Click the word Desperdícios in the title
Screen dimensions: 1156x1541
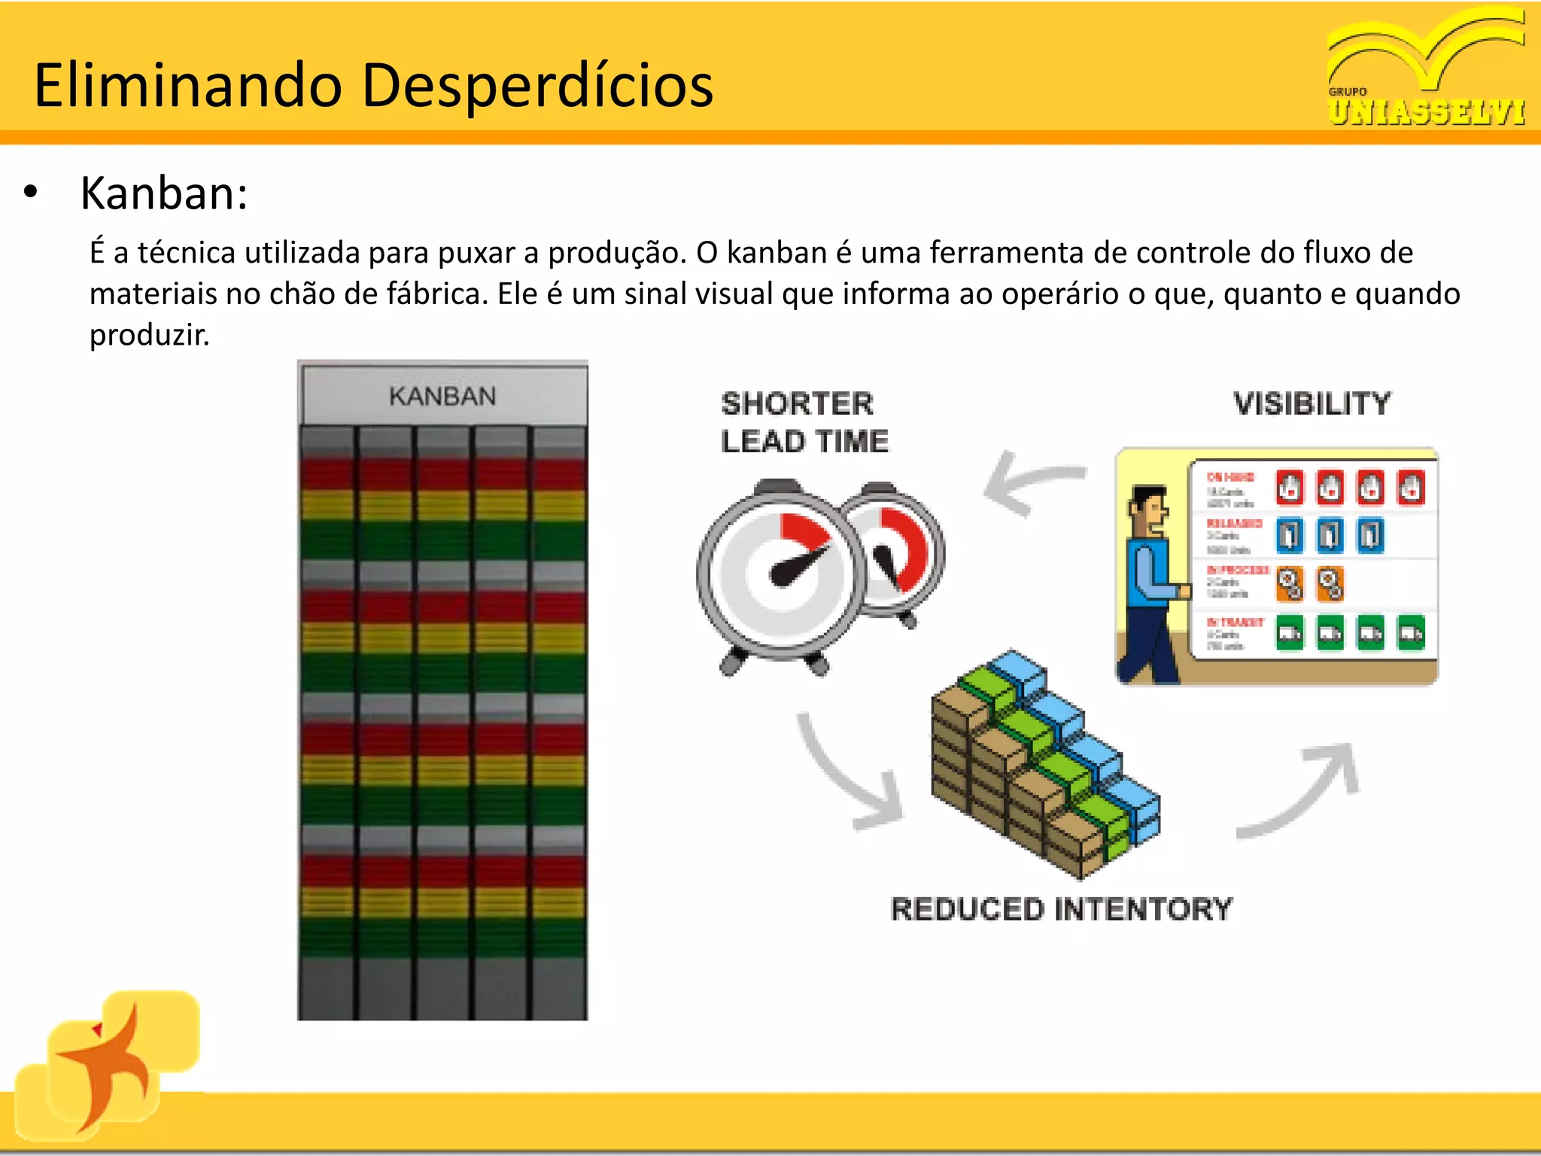coord(537,85)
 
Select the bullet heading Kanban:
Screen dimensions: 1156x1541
coord(164,193)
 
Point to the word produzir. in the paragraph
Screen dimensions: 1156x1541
coord(149,335)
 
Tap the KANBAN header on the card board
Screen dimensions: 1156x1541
coord(442,396)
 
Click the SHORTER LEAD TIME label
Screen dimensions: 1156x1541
coord(804,422)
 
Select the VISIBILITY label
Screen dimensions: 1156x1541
coord(1312,403)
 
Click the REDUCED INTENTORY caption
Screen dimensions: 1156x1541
coord(1061,909)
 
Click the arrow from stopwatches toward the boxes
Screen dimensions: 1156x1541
coord(850,775)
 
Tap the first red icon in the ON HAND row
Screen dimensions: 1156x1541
coord(1290,487)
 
